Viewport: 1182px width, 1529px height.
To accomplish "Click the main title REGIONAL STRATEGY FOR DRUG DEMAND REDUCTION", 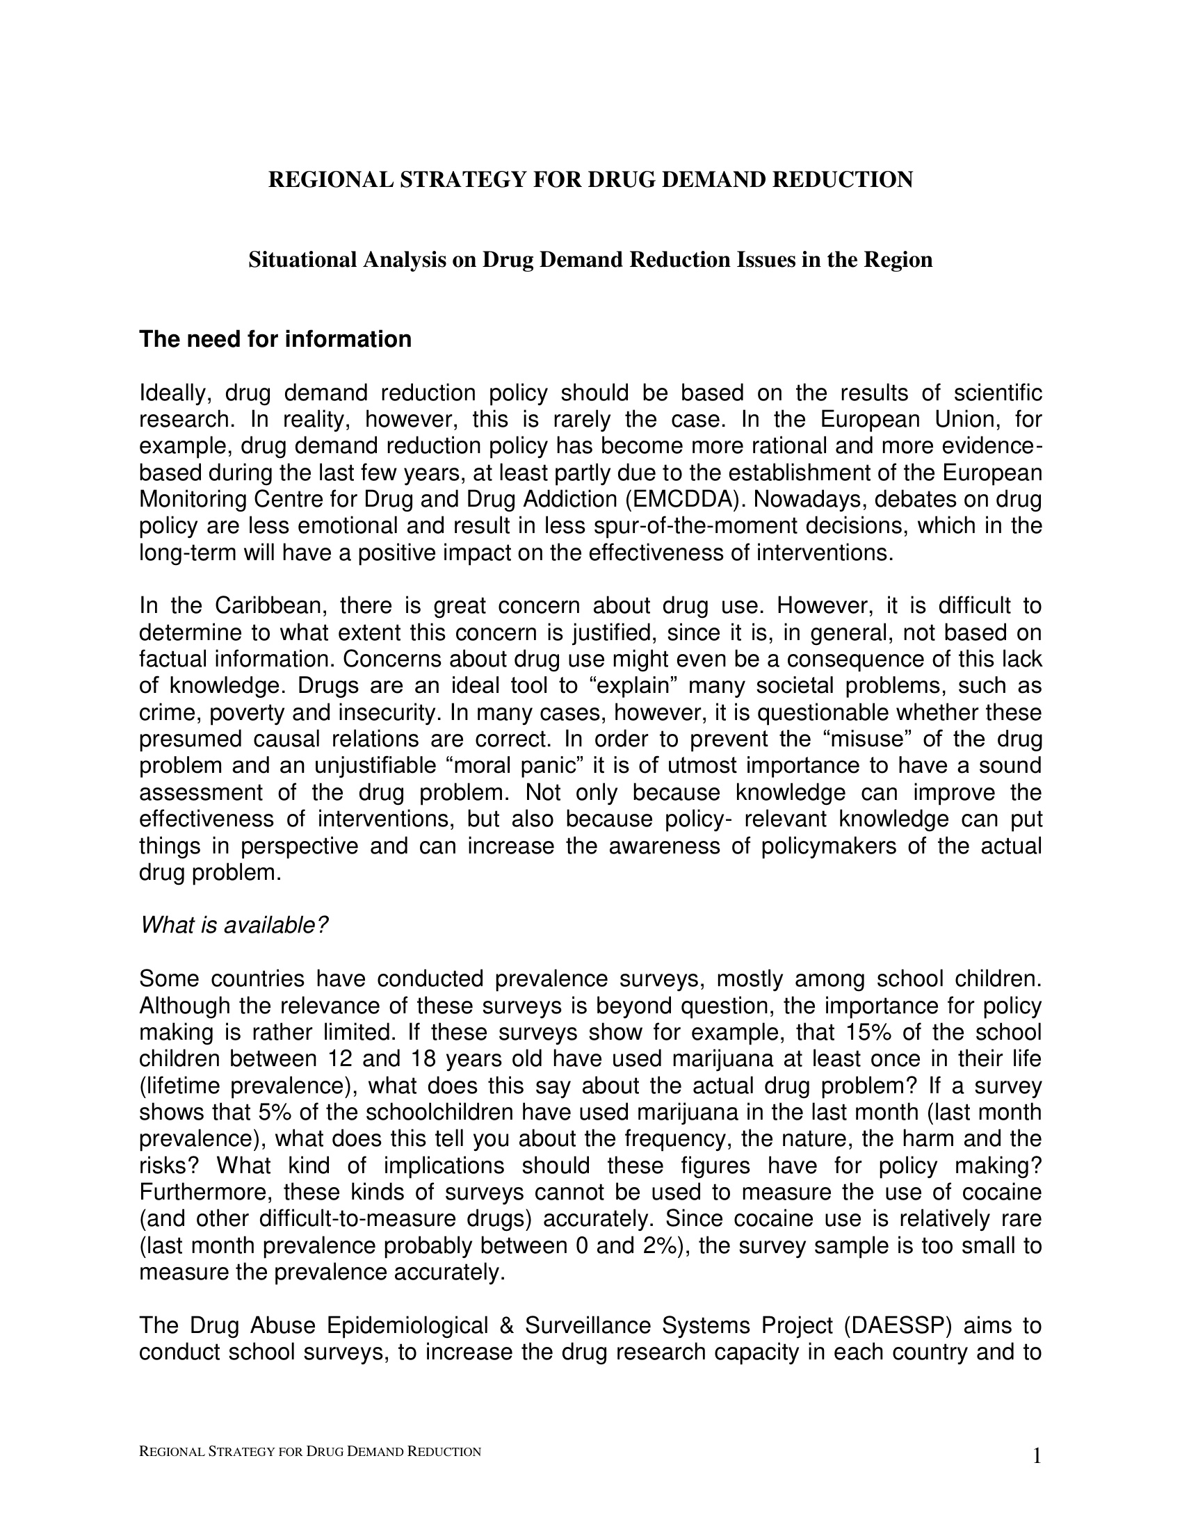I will click(590, 180).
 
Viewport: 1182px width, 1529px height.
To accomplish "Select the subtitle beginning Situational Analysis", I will click(590, 260).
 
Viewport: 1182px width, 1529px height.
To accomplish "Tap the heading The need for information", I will click(275, 340).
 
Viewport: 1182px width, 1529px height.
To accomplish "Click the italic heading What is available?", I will click(234, 926).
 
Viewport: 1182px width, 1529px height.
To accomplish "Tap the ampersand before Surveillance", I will click(506, 1325).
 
